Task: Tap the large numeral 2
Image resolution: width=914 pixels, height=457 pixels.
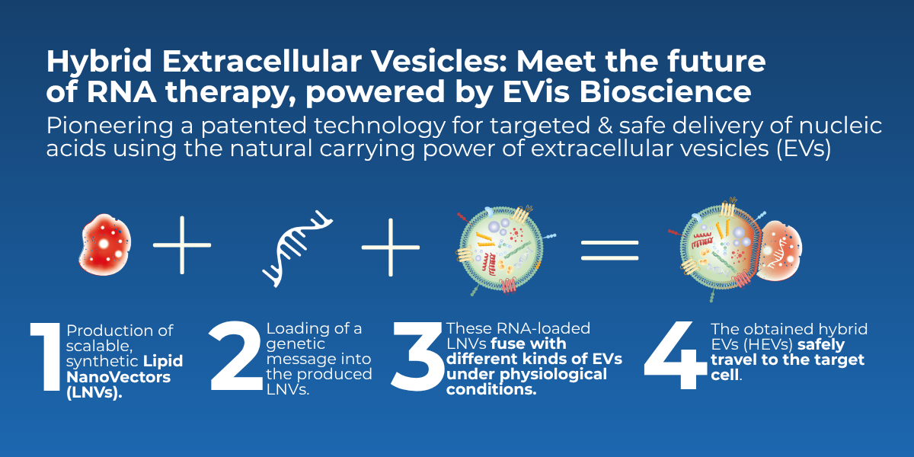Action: (x=235, y=356)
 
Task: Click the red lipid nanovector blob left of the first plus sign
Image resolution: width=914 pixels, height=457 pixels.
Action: (x=105, y=244)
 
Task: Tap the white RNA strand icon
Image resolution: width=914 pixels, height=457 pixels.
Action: (x=298, y=249)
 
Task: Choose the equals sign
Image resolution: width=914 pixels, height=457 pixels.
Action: (x=609, y=250)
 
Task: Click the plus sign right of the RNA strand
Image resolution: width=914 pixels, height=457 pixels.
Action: (x=391, y=248)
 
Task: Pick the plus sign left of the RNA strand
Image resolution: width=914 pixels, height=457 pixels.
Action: (x=182, y=245)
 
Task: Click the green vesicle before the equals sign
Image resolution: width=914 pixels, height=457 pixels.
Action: (x=501, y=250)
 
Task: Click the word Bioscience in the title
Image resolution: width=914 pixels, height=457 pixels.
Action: (x=665, y=92)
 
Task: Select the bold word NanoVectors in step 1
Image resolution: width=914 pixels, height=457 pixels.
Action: (x=118, y=377)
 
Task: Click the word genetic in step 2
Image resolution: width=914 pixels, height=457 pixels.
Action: (x=296, y=345)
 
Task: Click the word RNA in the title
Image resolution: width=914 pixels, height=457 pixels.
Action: (x=122, y=92)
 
